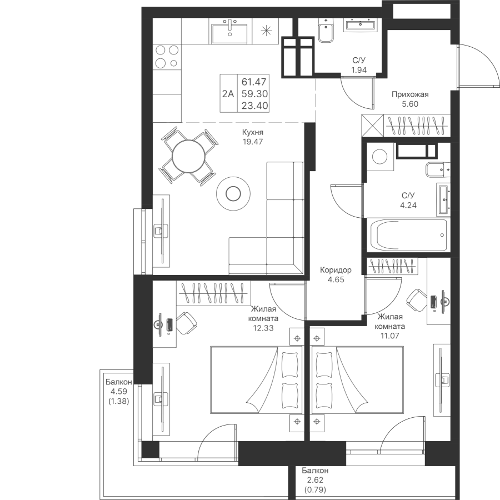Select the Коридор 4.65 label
coord(336,275)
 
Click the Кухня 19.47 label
coord(252,137)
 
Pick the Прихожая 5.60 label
coord(410,99)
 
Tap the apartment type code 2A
coord(228,94)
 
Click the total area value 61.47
coord(253,82)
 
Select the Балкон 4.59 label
coord(118,391)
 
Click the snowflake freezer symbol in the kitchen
coord(267,31)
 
